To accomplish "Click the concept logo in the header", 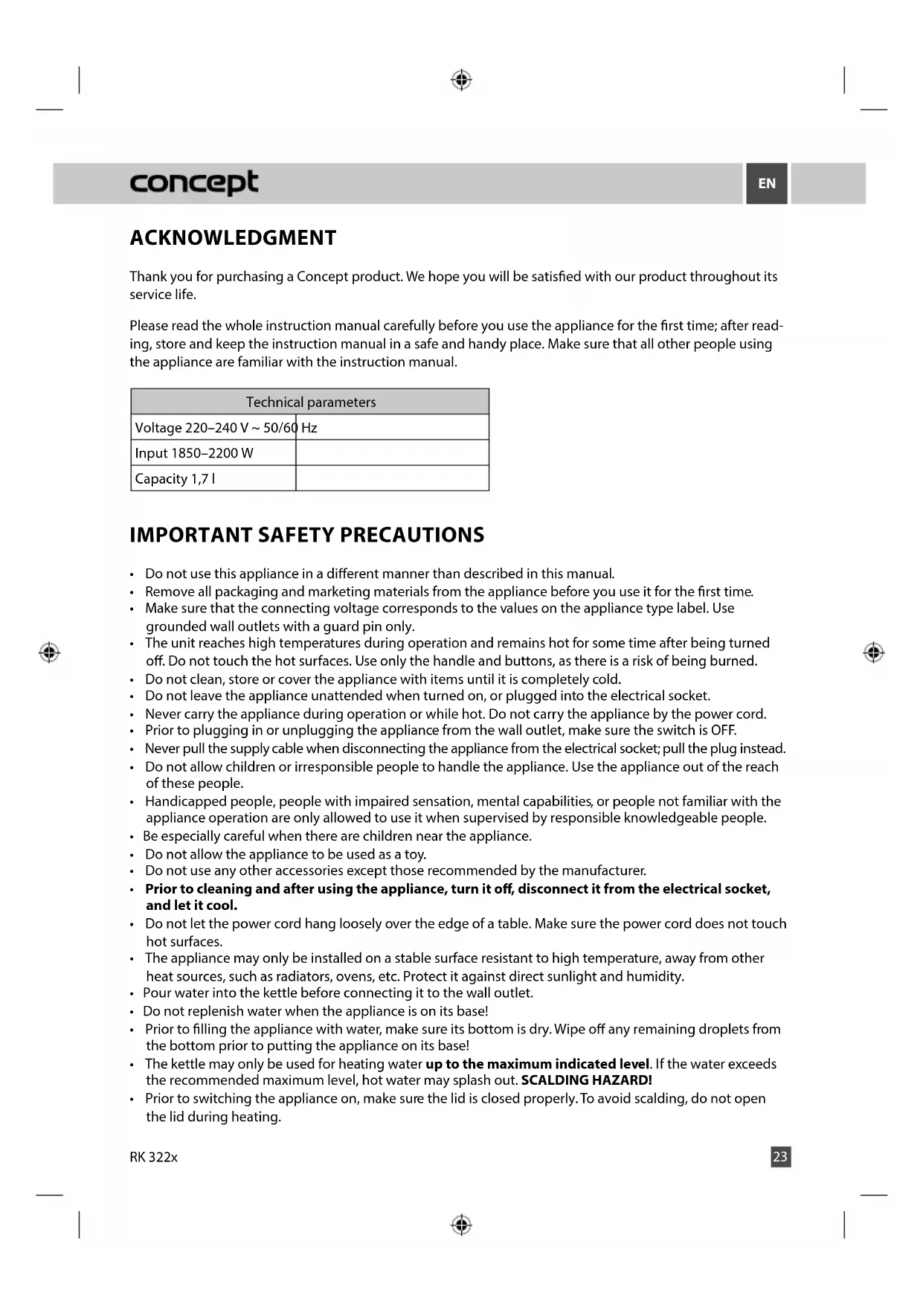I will tap(194, 182).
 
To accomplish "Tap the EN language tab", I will tap(766, 183).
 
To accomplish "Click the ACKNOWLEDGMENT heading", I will tap(233, 238).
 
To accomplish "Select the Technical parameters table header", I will tap(310, 402).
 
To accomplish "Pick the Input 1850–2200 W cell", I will tap(194, 453).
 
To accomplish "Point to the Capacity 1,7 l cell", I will tap(176, 478).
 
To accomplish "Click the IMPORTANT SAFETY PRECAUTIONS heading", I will tap(306, 535).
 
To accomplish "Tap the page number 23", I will tap(780, 1156).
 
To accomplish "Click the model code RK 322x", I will tap(153, 1157).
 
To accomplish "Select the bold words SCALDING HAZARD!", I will tap(586, 1080).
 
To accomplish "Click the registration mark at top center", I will tap(461, 80).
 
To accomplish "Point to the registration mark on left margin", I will tap(49, 652).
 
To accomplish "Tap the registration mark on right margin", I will tap(873, 652).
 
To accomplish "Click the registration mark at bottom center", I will tap(461, 1224).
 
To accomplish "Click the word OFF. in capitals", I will tap(724, 730).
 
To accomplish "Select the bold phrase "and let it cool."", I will tap(191, 905).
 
